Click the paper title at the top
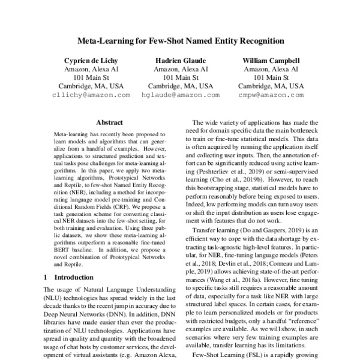[x=179, y=41]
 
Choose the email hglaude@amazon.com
[x=179, y=95]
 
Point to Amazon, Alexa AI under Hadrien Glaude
[x=179, y=69]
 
